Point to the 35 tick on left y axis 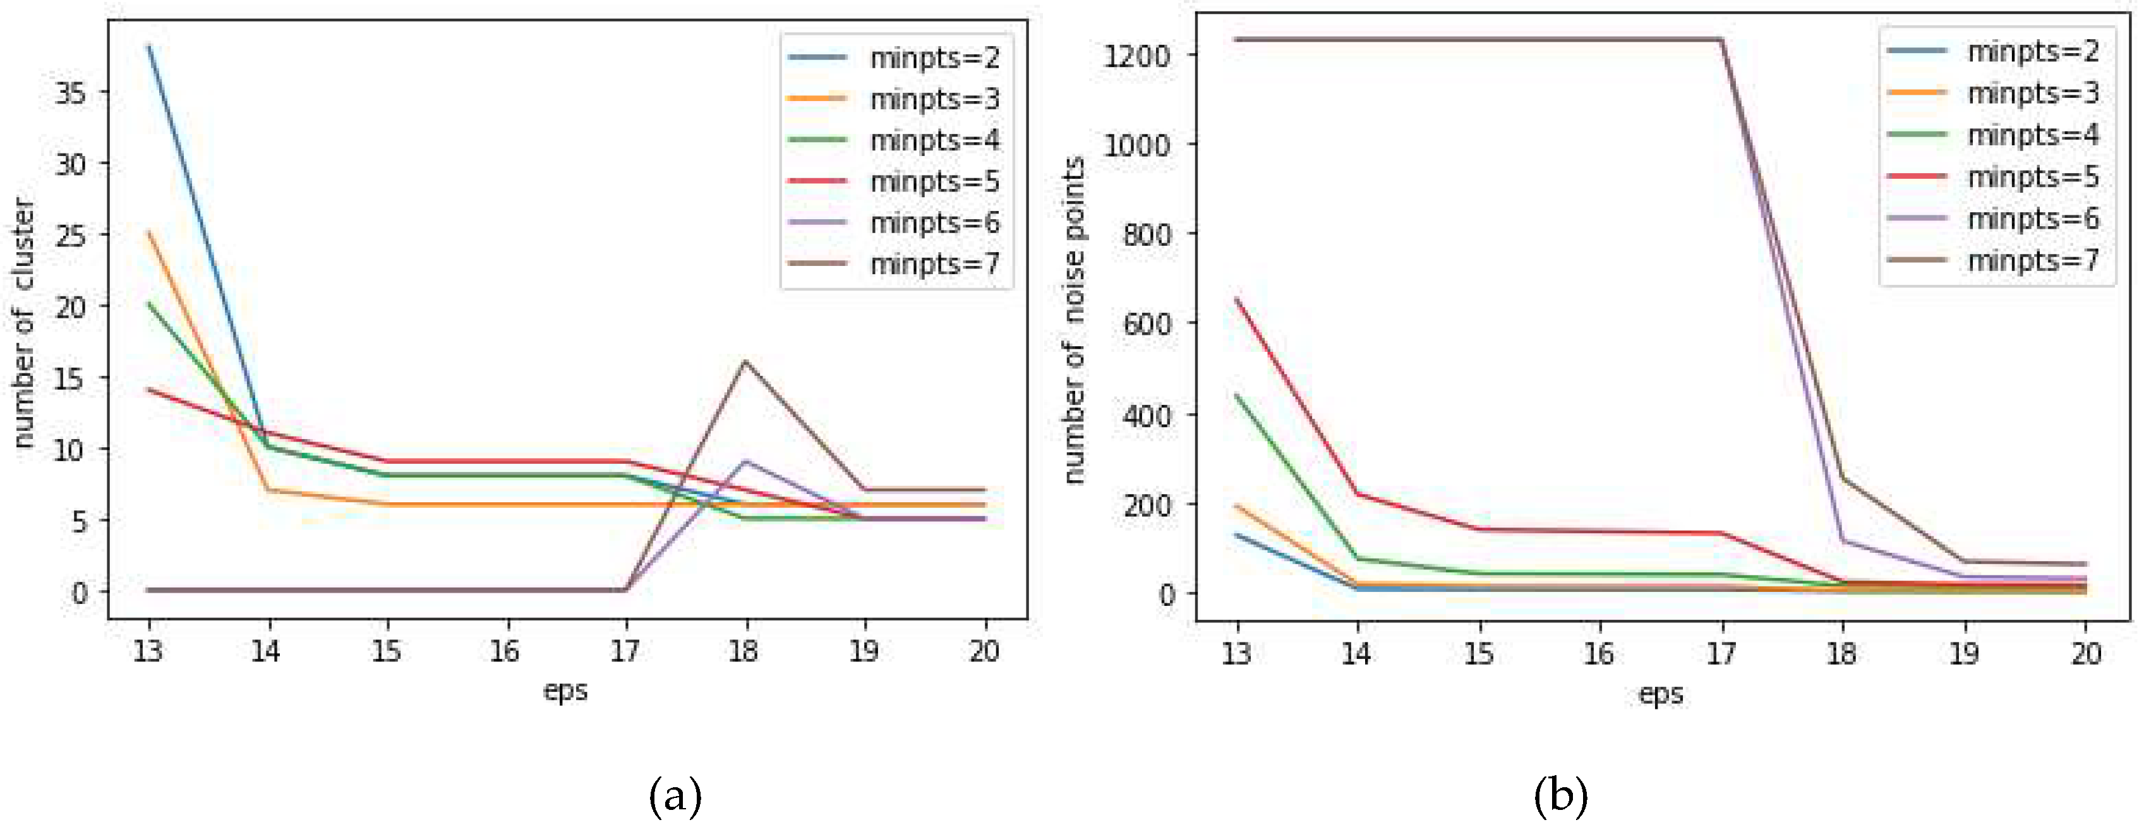[x=71, y=92]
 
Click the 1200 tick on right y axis [x=1135, y=56]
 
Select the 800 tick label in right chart [x=1145, y=234]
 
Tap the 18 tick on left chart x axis [x=744, y=651]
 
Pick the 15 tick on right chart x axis [x=1478, y=654]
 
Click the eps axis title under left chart [x=565, y=691]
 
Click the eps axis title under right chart [x=1661, y=694]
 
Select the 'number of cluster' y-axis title [x=25, y=323]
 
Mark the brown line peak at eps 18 [x=745, y=362]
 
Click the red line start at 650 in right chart [x=1237, y=299]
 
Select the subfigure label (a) [x=675, y=796]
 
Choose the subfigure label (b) [x=1560, y=796]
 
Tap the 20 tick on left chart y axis [x=71, y=307]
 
